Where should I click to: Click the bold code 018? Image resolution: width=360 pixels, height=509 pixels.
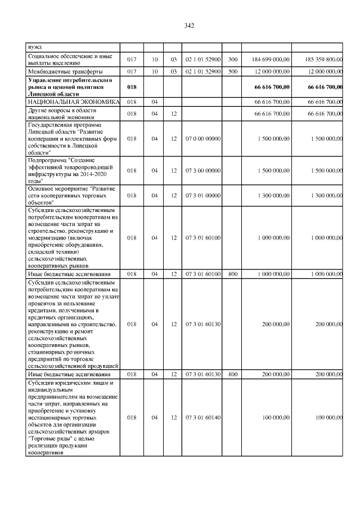(x=132, y=87)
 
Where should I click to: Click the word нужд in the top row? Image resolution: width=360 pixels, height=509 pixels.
(x=34, y=47)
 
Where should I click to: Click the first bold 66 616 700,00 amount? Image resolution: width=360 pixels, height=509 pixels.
(x=272, y=87)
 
